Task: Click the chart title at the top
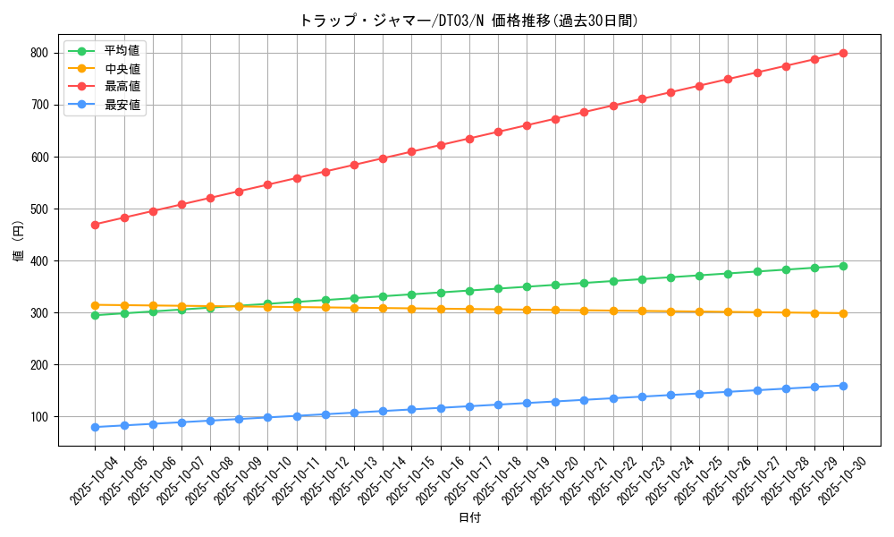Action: click(x=468, y=21)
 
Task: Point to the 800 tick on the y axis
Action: click(x=41, y=53)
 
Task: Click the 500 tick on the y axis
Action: click(x=41, y=209)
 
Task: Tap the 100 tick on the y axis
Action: click(x=41, y=416)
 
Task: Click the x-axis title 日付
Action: click(x=468, y=518)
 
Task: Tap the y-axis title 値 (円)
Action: click(x=19, y=242)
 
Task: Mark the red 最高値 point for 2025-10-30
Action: click(x=843, y=53)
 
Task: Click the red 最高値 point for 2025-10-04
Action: click(x=95, y=225)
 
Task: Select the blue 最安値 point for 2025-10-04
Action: click(x=95, y=427)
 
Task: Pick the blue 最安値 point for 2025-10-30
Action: click(x=843, y=386)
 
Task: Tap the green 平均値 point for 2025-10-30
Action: click(x=843, y=266)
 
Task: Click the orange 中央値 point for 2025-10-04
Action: click(x=95, y=305)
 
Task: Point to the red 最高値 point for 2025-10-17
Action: click(x=469, y=139)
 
